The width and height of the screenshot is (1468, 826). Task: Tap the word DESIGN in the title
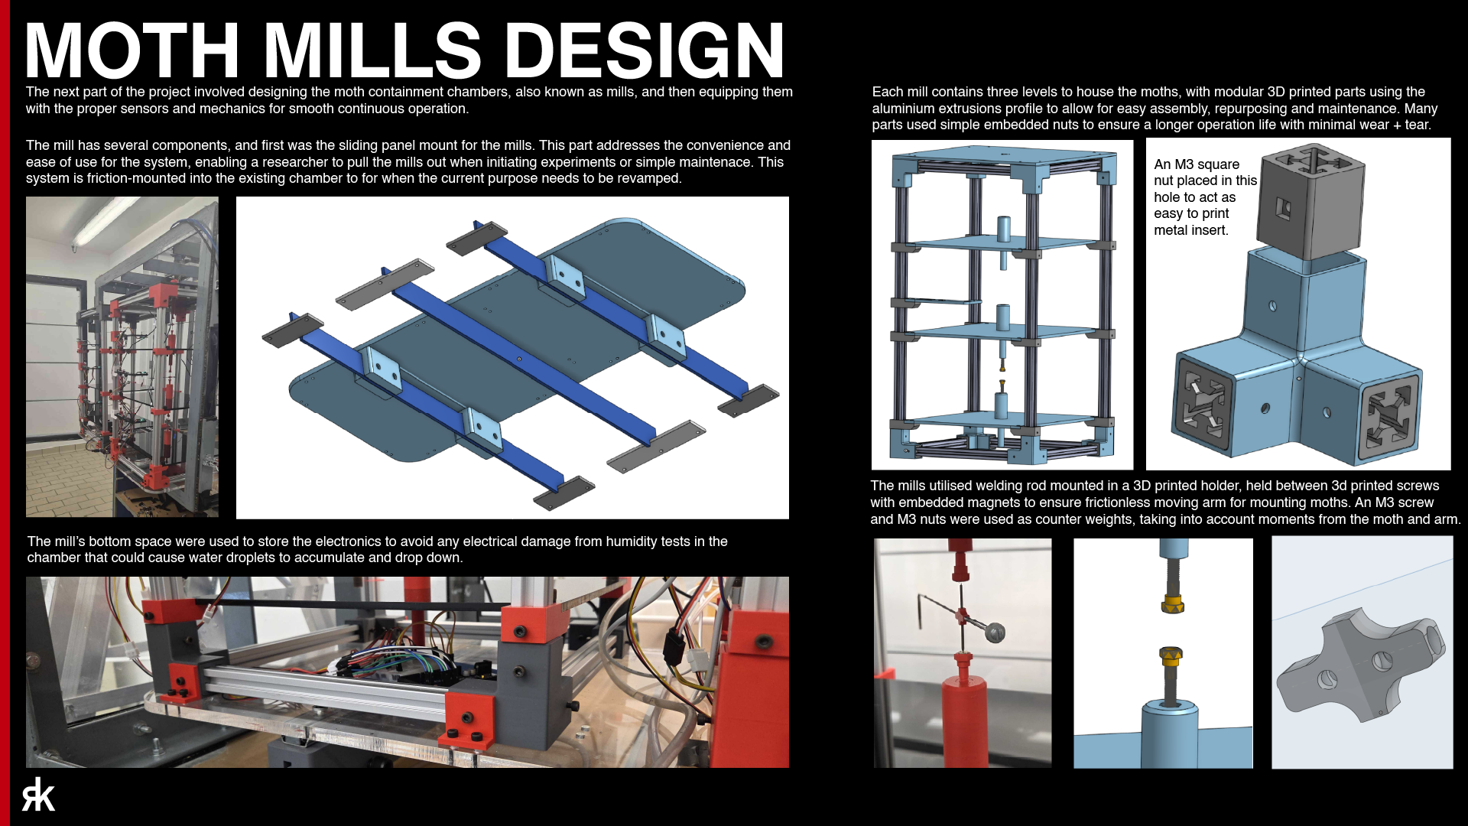[645, 50]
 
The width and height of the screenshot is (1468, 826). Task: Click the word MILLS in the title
[372, 50]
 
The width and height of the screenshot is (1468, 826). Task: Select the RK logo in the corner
[38, 795]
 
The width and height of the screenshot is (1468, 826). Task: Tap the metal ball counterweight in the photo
[995, 633]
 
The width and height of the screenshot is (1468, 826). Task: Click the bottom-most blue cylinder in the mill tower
[1002, 407]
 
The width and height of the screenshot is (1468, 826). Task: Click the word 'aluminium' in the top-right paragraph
[906, 109]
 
